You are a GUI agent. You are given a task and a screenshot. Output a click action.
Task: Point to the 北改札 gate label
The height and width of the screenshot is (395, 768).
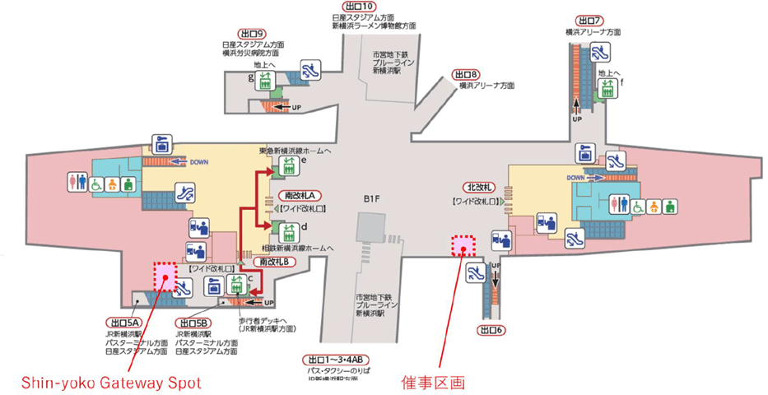point(478,187)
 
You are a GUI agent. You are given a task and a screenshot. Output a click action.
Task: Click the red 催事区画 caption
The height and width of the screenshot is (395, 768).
point(433,382)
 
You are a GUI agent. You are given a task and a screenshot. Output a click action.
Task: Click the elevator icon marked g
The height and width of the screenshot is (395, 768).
point(266,81)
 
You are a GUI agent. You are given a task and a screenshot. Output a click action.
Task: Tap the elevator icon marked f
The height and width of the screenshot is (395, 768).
point(608,87)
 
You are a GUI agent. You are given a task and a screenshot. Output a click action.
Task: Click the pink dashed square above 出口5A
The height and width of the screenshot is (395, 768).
point(165,276)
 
